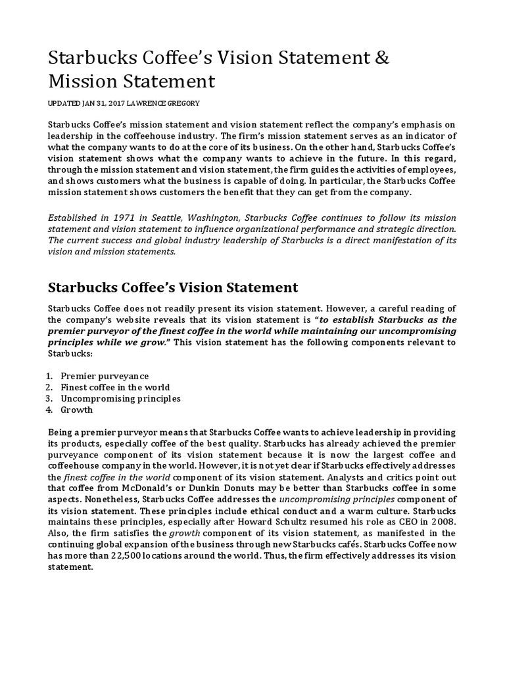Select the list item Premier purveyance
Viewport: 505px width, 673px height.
click(x=105, y=376)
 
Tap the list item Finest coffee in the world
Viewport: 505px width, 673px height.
click(x=114, y=387)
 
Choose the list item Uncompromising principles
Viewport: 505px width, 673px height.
click(x=120, y=398)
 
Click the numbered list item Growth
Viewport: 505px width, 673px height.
click(x=77, y=409)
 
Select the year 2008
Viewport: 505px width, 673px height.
click(x=444, y=522)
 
